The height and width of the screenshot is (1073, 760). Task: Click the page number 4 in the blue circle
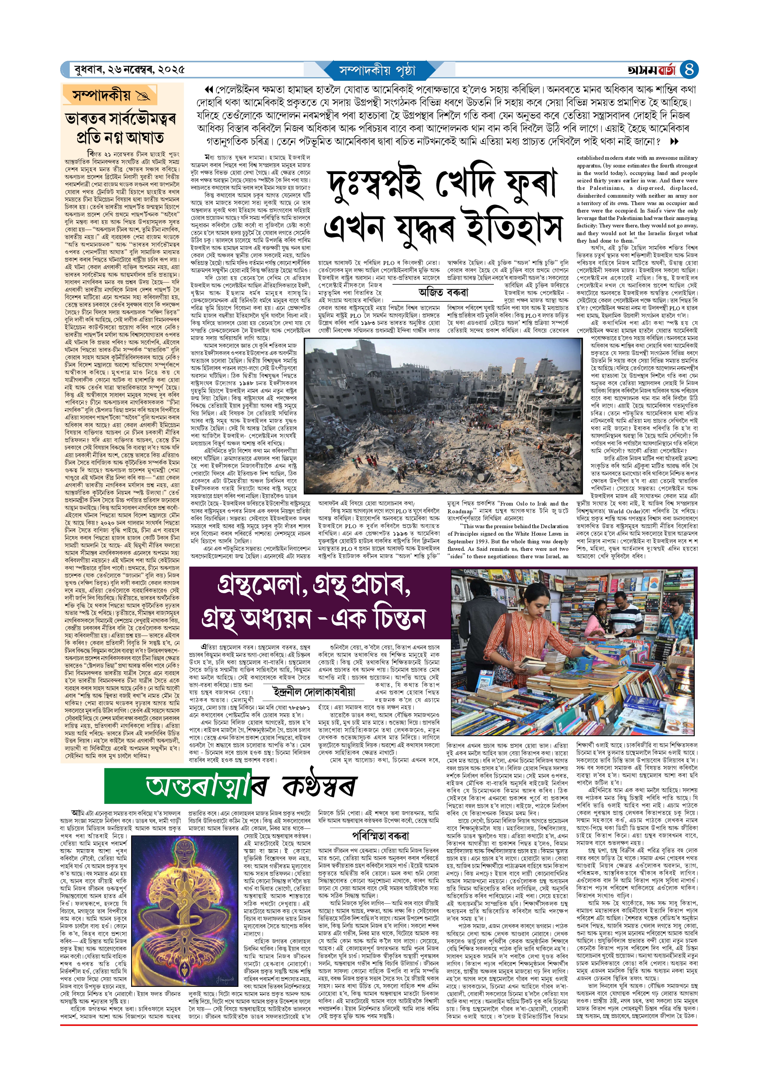(x=688, y=70)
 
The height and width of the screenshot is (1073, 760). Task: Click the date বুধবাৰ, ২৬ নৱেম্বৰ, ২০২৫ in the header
(x=129, y=70)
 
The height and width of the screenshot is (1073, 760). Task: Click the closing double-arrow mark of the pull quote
(x=674, y=141)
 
